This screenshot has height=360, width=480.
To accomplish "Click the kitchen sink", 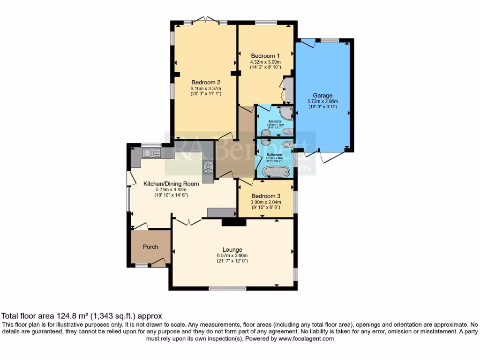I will [x=151, y=153].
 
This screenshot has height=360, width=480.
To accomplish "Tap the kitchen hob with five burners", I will [x=207, y=167].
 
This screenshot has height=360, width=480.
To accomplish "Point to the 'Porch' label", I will [x=150, y=247].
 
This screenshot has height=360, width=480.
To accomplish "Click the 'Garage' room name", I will [x=323, y=95].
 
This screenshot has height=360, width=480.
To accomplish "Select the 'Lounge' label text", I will [x=232, y=249].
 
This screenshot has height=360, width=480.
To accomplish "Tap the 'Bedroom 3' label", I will [x=266, y=196].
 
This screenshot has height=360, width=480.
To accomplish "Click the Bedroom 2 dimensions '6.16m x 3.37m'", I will [x=205, y=88].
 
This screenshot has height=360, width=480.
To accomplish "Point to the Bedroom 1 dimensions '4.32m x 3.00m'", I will [x=265, y=61].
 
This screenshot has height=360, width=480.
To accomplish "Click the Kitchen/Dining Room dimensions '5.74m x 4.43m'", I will [x=171, y=189].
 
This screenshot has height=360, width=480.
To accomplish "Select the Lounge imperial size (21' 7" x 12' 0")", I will [x=232, y=261].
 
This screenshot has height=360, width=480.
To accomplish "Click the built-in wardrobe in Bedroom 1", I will [x=288, y=90].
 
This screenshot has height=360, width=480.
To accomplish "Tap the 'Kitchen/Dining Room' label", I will [x=171, y=184].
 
